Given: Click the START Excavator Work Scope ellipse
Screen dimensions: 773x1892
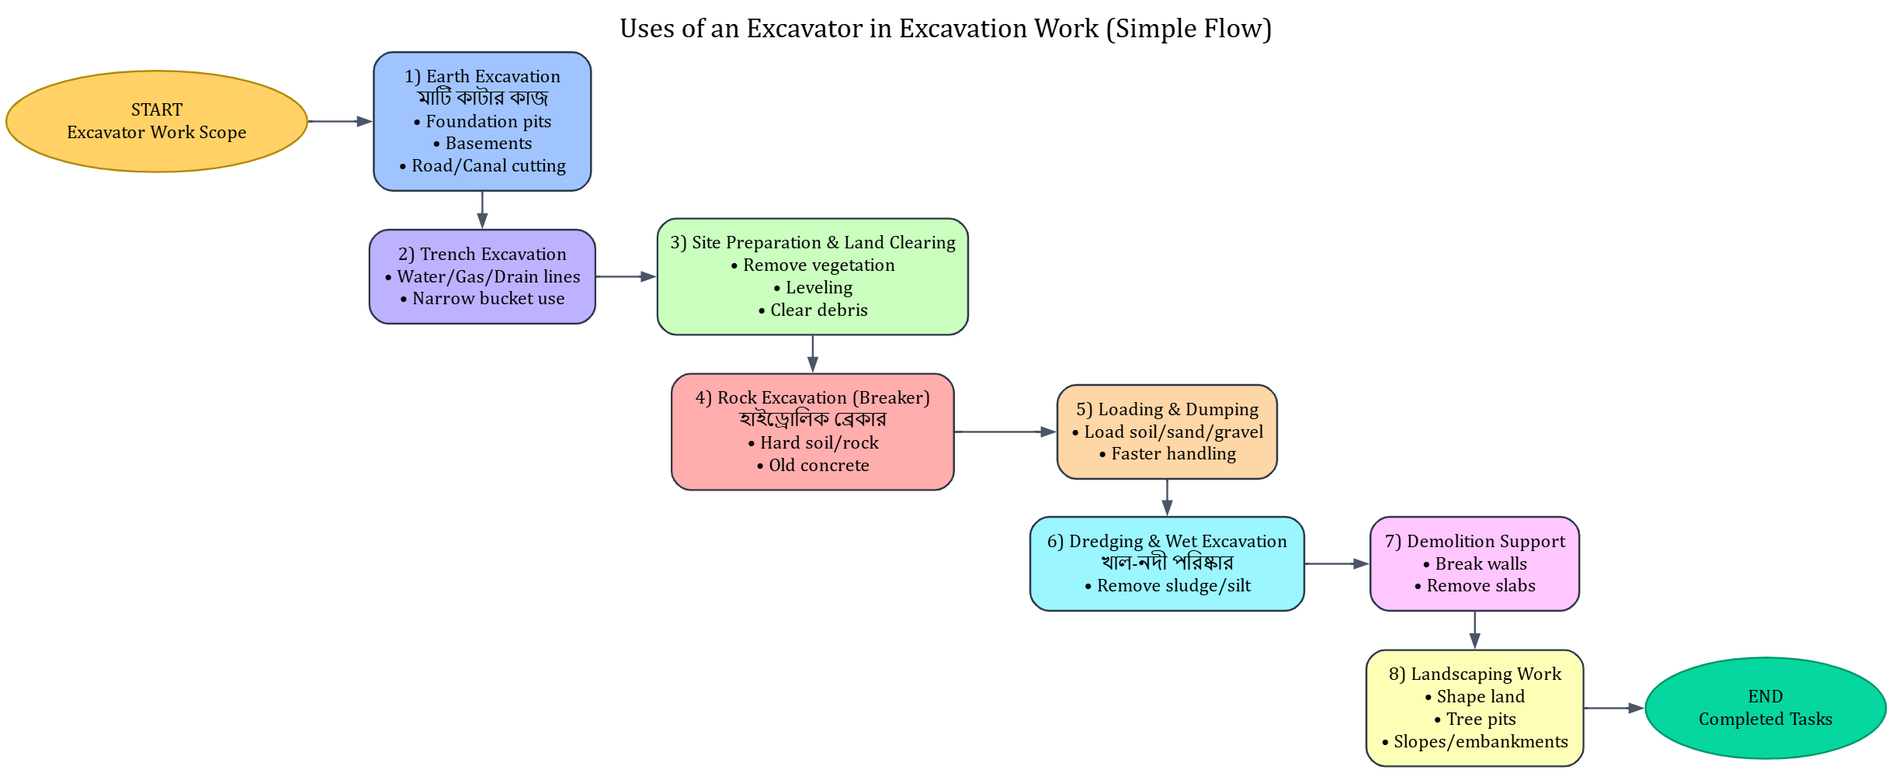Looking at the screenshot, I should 157,121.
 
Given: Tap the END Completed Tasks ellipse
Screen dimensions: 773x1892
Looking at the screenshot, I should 1765,708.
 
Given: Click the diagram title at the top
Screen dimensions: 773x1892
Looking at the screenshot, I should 945,29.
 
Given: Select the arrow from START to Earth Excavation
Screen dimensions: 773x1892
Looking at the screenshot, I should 340,121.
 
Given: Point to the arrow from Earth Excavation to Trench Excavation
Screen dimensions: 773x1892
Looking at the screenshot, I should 482,210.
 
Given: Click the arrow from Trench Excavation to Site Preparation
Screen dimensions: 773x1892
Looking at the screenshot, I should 626,276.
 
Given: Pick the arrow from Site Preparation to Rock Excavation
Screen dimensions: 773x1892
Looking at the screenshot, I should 812,354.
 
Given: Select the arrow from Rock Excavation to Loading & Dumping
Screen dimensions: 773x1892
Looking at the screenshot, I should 1005,432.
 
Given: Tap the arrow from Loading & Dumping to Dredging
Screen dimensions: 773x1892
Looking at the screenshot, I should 1167,497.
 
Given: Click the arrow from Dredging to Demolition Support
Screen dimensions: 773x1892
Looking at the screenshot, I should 1337,563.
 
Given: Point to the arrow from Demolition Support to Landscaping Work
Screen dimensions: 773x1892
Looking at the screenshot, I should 1474,630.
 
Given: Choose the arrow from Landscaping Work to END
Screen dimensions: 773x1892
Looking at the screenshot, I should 1613,708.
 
